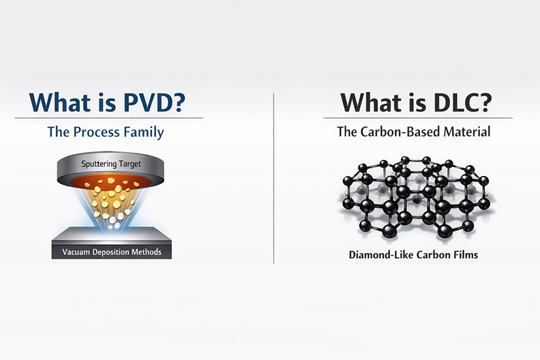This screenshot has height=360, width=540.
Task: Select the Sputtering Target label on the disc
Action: coord(111,164)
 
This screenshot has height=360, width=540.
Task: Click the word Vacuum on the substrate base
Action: coord(76,252)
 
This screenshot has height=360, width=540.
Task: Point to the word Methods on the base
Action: coord(147,252)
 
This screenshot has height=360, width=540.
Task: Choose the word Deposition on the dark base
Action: coord(111,252)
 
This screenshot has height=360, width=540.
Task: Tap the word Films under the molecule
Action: coord(467,255)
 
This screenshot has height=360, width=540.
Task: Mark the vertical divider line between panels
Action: coord(274,179)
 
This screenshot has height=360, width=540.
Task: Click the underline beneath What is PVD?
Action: coord(109,118)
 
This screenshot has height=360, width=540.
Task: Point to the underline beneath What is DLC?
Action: coord(418,118)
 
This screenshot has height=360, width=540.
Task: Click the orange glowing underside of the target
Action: coord(111,181)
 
